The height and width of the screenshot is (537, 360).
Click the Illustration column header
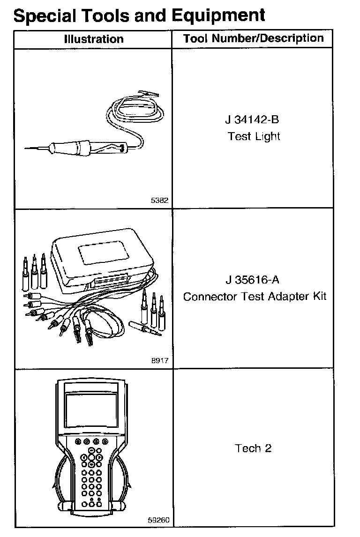pyautogui.click(x=94, y=39)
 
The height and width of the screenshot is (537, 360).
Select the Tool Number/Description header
pyautogui.click(x=253, y=38)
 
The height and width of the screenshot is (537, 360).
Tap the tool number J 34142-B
pyautogui.click(x=253, y=119)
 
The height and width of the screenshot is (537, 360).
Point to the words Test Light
pyautogui.click(x=254, y=137)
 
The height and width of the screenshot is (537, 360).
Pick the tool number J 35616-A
pyautogui.click(x=253, y=280)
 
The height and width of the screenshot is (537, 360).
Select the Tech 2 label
pyautogui.click(x=253, y=448)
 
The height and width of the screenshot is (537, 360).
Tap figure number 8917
pyautogui.click(x=160, y=361)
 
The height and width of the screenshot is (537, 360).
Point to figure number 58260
pyautogui.click(x=158, y=520)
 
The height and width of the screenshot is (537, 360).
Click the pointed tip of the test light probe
pyautogui.click(x=26, y=149)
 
